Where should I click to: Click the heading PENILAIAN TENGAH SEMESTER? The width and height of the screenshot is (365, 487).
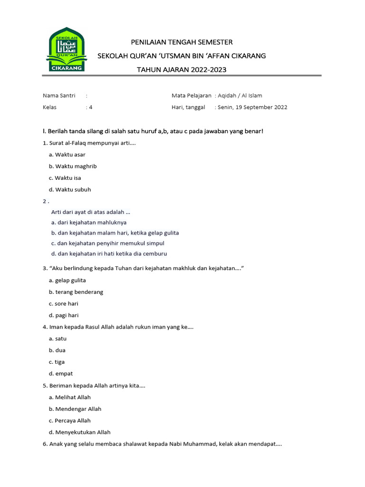[x=182, y=42]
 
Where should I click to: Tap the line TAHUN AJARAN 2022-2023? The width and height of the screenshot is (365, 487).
[x=182, y=69]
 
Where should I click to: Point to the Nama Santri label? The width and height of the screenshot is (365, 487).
[x=56, y=96]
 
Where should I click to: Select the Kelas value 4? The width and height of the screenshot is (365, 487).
[x=90, y=107]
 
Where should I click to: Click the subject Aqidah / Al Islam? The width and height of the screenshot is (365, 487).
[x=240, y=96]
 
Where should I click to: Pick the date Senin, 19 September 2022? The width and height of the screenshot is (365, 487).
[x=252, y=107]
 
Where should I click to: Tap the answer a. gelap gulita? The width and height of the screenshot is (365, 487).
[x=67, y=280]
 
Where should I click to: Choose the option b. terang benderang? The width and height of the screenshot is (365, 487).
[x=76, y=292]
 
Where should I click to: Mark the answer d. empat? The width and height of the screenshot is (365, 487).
[x=60, y=374]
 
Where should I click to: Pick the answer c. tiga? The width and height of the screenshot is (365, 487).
[x=57, y=362]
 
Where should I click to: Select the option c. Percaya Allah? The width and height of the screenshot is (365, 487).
[x=69, y=420]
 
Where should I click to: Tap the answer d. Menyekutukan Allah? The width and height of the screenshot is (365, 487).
[x=79, y=432]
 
